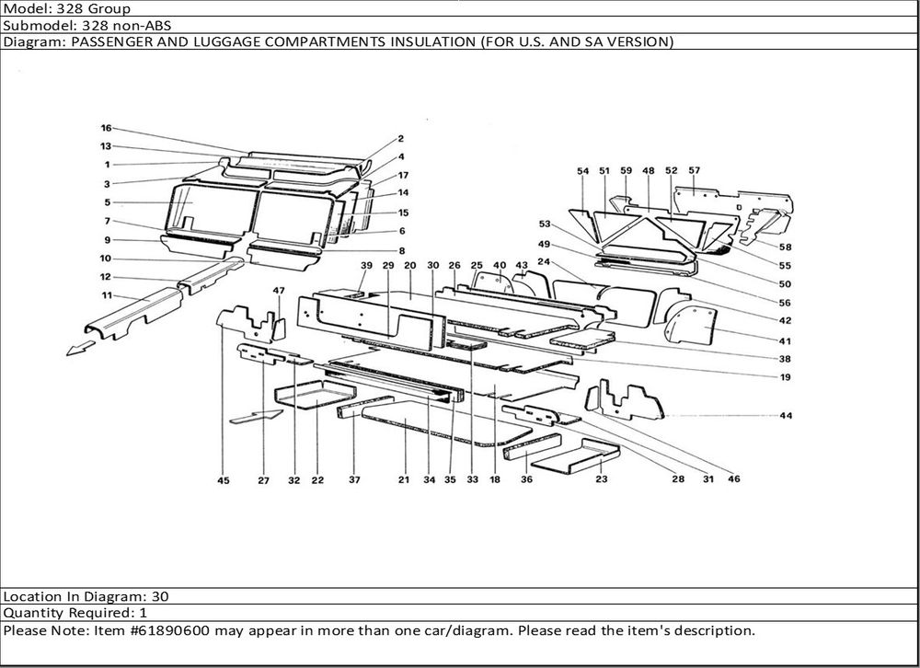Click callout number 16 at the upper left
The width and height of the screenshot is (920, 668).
pos(106,128)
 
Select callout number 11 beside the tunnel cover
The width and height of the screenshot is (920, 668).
pos(107,295)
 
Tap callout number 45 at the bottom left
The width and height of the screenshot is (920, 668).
pos(224,480)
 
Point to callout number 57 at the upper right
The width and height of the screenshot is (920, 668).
pos(694,170)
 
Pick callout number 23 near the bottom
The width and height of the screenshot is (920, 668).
pos(602,480)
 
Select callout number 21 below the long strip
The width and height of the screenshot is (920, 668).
pos(404,480)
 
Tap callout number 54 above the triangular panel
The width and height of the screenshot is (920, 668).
pos(582,171)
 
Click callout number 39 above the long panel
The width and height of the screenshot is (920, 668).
pos(366,266)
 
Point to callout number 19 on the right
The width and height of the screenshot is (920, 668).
pos(786,377)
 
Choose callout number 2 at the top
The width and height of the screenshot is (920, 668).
pos(401,139)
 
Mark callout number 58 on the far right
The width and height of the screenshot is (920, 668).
pos(786,247)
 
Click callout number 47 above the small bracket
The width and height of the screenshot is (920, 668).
pos(279,291)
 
